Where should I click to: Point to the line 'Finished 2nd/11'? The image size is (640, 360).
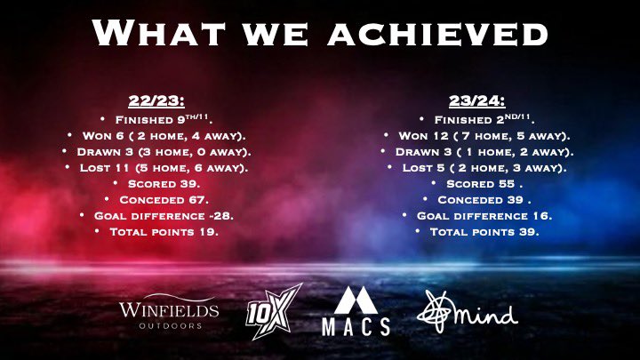[x=484, y=118]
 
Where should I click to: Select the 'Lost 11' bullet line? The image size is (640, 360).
[x=161, y=166]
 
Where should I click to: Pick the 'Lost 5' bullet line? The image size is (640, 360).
[x=484, y=166]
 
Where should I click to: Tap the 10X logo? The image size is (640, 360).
[x=275, y=310]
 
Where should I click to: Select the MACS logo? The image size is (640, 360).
[x=356, y=312]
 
